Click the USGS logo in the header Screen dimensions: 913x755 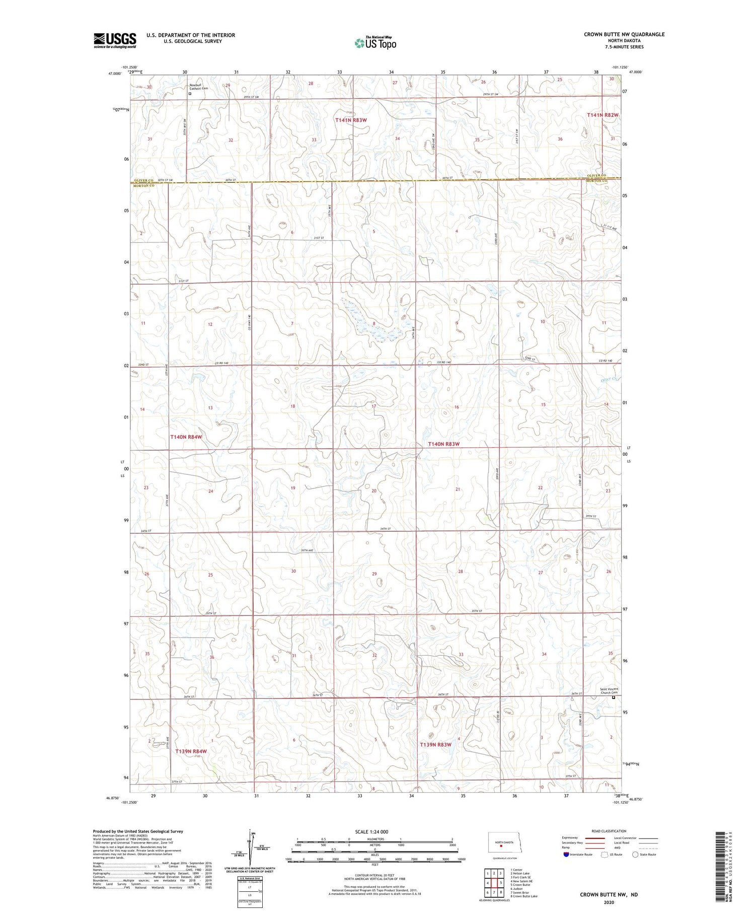115,40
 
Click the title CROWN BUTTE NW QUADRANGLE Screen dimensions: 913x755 624,34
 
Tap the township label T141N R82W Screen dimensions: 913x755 602,115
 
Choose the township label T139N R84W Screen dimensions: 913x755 191,751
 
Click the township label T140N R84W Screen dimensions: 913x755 186,437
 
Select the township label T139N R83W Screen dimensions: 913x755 436,744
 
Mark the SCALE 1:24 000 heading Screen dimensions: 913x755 371,831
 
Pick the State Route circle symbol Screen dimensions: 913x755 635,855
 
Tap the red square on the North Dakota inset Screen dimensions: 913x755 501,846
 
